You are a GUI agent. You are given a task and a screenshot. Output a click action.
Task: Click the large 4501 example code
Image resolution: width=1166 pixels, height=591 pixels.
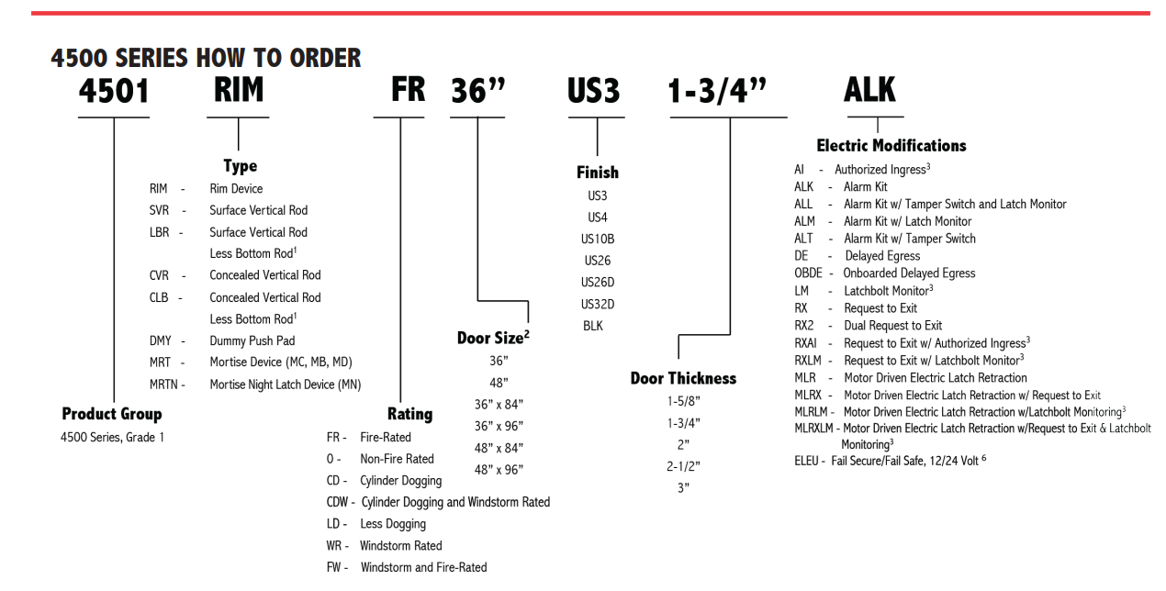click(x=114, y=91)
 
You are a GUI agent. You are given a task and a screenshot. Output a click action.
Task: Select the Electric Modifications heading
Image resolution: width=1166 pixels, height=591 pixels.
click(x=891, y=145)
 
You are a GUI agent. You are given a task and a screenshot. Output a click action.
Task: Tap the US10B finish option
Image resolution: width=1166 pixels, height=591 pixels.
click(x=598, y=239)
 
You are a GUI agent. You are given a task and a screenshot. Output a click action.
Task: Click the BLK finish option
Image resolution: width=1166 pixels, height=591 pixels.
click(x=593, y=326)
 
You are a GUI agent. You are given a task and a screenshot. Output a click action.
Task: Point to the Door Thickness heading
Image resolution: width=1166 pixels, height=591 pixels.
click(x=683, y=378)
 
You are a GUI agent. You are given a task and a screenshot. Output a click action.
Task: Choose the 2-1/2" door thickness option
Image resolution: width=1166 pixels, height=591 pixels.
click(x=683, y=466)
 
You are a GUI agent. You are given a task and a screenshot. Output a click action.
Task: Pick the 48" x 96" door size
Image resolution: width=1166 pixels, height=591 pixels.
click(x=499, y=470)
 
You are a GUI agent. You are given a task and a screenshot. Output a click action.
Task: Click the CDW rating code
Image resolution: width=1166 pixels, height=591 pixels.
click(x=337, y=502)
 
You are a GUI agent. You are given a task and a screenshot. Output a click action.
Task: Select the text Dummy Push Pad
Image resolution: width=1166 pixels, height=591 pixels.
click(x=252, y=340)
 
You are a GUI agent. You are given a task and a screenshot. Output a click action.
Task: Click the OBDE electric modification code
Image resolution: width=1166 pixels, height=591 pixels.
click(x=808, y=273)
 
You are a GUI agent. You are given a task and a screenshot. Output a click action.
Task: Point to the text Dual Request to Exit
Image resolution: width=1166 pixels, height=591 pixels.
click(x=892, y=326)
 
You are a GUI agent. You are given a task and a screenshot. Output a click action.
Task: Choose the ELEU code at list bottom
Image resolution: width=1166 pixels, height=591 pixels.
click(x=806, y=461)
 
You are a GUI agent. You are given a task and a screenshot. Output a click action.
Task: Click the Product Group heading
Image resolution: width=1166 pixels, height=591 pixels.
click(x=112, y=414)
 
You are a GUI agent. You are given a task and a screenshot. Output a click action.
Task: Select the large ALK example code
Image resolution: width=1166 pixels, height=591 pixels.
click(x=869, y=90)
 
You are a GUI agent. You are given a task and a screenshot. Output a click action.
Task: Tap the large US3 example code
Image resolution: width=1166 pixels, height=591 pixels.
click(x=593, y=91)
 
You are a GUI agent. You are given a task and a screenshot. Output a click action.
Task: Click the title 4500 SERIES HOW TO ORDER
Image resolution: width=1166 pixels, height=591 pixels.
click(x=206, y=58)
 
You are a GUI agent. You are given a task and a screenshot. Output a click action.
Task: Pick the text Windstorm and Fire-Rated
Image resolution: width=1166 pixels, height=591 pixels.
click(x=424, y=567)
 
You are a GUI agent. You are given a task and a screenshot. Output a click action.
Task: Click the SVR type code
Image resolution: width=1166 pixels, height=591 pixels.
click(x=159, y=210)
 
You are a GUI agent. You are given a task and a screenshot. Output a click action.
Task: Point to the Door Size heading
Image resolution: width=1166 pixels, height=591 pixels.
click(x=493, y=338)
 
